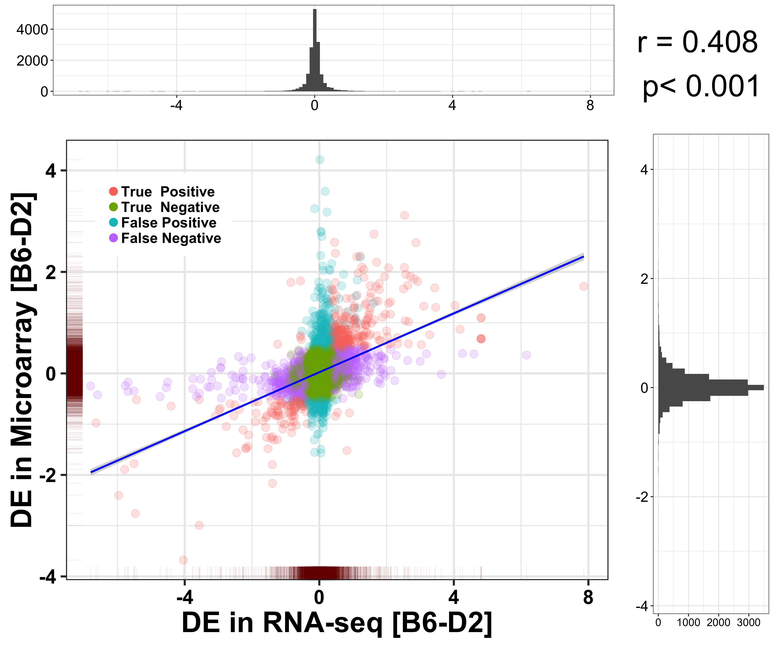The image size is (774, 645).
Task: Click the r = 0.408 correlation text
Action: click(697, 42)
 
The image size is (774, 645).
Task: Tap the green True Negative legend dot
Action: click(114, 207)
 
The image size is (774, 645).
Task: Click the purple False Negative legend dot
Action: click(114, 238)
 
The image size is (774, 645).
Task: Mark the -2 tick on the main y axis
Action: click(48, 475)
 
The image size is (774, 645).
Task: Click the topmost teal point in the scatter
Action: click(319, 160)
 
